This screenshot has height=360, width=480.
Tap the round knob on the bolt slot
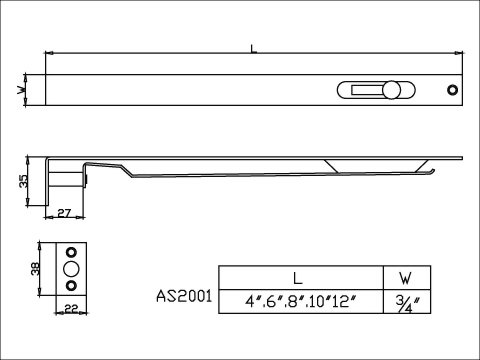pyautogui.click(x=391, y=90)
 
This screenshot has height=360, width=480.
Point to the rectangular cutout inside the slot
pyautogui.click(x=366, y=90)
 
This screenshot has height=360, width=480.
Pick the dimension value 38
pyautogui.click(x=33, y=267)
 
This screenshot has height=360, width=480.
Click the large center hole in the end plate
pyautogui.click(x=71, y=269)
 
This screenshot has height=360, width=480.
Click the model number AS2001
pyautogui.click(x=184, y=297)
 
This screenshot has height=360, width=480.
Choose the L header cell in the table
pyautogui.click(x=299, y=278)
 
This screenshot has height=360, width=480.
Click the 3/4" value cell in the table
pyautogui.click(x=404, y=301)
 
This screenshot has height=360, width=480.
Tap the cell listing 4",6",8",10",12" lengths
pyautogui.click(x=299, y=301)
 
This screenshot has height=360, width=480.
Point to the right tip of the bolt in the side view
pyautogui.click(x=461, y=158)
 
